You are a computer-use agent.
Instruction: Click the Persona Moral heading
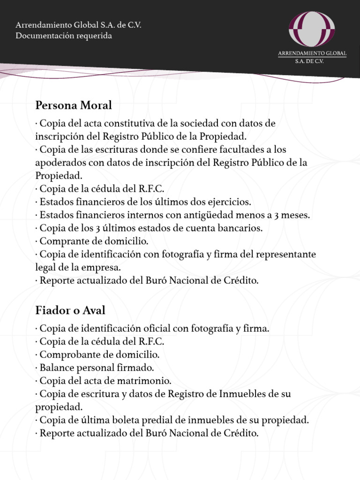coord(74,105)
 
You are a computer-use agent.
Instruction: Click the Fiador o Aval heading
coord(70,310)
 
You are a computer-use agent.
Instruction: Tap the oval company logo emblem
coord(312,29)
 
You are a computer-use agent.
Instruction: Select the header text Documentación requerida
coord(64,36)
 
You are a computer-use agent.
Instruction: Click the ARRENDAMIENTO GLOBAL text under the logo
coord(312,53)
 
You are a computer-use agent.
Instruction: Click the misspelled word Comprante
coord(60,241)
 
